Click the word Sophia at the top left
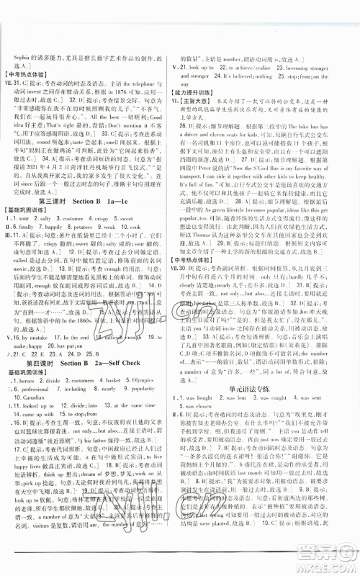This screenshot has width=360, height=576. pyautogui.click(x=21, y=34)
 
